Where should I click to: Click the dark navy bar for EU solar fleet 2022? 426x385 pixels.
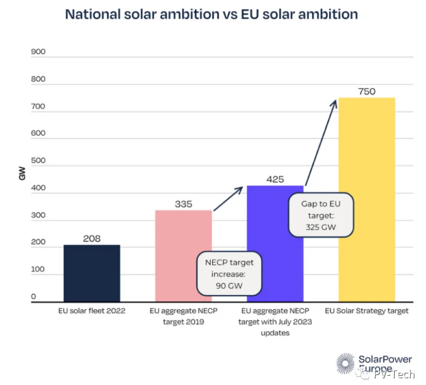[92, 273]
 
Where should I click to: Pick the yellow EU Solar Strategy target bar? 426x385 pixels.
[366, 199]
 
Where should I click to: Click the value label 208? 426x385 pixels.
[92, 239]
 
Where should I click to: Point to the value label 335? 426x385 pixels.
[183, 204]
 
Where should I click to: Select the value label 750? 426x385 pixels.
[366, 92]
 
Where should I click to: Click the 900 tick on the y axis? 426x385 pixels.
[39, 52]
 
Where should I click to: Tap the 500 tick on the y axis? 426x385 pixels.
[39, 161]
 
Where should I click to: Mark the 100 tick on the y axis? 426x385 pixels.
[39, 270]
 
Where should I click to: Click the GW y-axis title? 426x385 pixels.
[21, 175]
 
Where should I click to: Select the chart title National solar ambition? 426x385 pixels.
[211, 14]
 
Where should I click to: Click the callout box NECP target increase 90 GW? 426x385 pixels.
[228, 273]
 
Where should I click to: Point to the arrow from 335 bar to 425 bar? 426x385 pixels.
[228, 198]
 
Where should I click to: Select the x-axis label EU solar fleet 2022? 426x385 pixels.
[92, 311]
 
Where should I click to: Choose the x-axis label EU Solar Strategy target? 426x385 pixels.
[366, 311]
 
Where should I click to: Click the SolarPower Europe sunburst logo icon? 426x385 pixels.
[345, 363]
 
